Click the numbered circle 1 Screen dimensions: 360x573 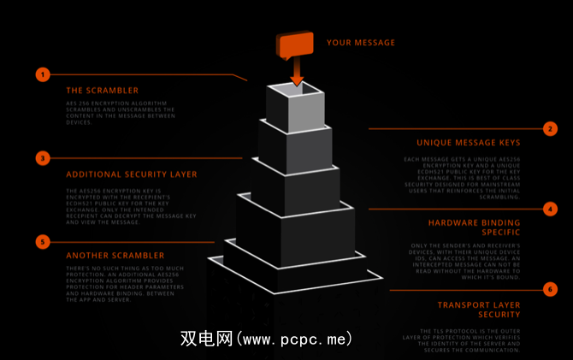click(x=43, y=74)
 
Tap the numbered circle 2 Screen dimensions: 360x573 click(x=550, y=129)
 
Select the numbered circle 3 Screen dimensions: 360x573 click(x=43, y=158)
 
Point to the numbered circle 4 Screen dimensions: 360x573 click(x=550, y=209)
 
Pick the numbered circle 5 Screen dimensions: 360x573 click(x=43, y=242)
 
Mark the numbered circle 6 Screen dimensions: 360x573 click(x=550, y=289)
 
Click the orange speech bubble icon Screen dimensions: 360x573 click(x=294, y=45)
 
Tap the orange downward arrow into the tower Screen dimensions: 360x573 click(x=297, y=75)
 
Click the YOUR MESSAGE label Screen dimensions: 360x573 click(x=361, y=43)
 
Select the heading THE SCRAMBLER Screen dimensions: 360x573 click(x=102, y=90)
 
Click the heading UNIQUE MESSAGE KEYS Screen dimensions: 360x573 click(x=468, y=143)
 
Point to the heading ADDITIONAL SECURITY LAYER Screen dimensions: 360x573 click(x=132, y=174)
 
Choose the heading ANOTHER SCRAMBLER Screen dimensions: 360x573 click(x=115, y=255)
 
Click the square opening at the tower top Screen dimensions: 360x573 click(x=296, y=91)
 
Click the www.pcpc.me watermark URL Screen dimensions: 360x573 click(x=296, y=339)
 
